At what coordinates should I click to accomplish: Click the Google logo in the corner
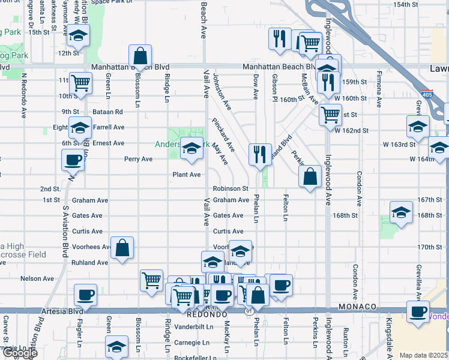click(x=19, y=353)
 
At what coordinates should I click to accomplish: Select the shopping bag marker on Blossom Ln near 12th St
click(x=140, y=56)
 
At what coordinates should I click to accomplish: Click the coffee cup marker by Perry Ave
click(x=73, y=160)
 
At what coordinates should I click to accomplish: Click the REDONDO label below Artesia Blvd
click(x=206, y=314)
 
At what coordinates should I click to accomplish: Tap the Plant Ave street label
click(x=186, y=175)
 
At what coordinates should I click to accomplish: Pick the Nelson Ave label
click(x=37, y=278)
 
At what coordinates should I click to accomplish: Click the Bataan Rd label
click(x=108, y=112)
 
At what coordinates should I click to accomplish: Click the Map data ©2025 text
click(x=423, y=355)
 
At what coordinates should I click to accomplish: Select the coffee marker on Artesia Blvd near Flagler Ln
click(x=85, y=296)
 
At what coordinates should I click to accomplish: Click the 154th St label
click(x=406, y=4)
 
